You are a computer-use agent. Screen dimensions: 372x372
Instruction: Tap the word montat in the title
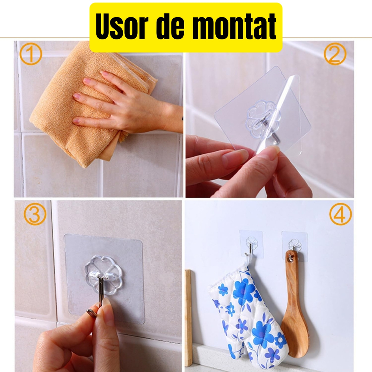(x=235, y=27)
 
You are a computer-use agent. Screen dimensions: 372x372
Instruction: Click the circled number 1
(x=31, y=54)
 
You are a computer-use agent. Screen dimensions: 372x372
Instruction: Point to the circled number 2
(x=335, y=54)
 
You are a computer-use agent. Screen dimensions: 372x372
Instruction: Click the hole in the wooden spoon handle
(x=291, y=257)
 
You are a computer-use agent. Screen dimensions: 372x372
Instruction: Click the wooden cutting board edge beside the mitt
(x=189, y=316)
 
